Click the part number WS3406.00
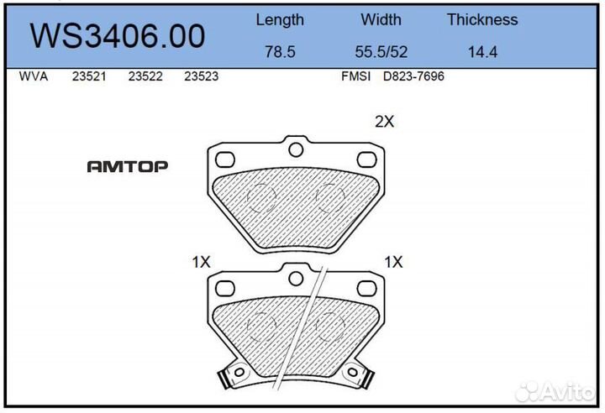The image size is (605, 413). (118, 37)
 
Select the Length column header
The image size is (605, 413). (280, 20)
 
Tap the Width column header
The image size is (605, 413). (381, 20)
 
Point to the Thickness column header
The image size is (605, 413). (482, 20)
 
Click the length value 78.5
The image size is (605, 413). (280, 52)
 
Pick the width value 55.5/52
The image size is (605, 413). (381, 52)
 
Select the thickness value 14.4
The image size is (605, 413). (482, 52)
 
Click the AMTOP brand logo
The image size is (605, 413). (127, 166)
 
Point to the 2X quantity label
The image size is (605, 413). (384, 122)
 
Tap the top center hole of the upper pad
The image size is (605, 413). (295, 150)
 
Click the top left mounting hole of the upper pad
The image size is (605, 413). (225, 159)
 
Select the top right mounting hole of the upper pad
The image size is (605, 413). (365, 159)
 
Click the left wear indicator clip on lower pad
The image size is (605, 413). (228, 377)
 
